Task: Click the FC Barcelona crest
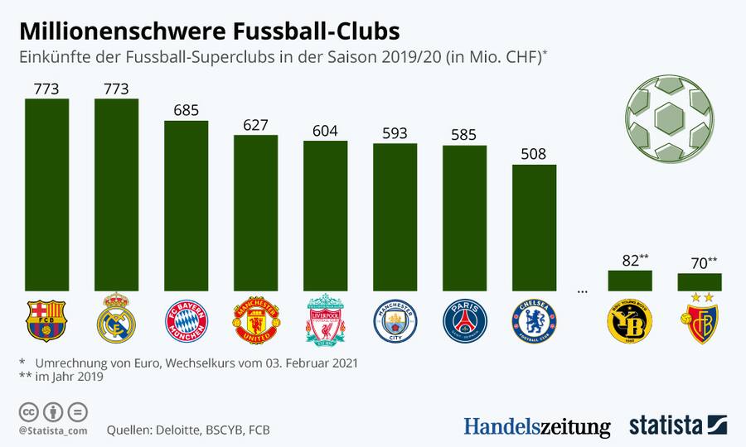point(46,320)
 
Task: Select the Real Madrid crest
point(116,320)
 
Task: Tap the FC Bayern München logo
point(186,321)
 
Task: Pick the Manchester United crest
point(255,321)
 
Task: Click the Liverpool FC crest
point(325,320)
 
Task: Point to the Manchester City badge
point(395,321)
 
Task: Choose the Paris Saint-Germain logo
point(464,321)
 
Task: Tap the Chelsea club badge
point(534,321)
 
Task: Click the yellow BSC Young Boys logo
point(630,322)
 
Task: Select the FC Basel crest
point(699,323)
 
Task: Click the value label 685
point(186,110)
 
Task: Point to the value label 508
point(534,153)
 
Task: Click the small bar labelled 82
point(630,281)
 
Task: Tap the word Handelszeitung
point(536,425)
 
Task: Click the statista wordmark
point(666,425)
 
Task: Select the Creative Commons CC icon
point(29,411)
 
